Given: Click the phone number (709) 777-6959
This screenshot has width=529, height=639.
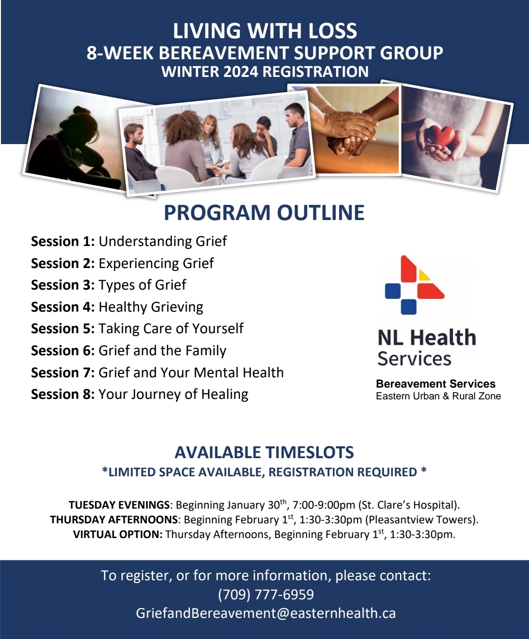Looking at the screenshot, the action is tap(265, 594).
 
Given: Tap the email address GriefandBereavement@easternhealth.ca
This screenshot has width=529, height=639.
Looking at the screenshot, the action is tap(265, 614).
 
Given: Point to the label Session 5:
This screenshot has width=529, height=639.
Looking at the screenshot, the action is tap(63, 329).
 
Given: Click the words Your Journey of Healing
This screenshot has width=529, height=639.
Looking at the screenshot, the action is tap(173, 394).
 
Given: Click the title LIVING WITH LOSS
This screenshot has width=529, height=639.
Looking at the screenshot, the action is tap(264, 30).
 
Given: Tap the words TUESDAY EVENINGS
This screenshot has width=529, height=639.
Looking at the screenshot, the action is tap(119, 505).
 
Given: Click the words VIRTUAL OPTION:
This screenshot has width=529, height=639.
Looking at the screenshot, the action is tap(118, 534).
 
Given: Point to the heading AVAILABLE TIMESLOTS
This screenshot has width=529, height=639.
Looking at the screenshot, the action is tap(264, 452).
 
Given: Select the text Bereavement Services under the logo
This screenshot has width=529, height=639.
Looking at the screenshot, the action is tap(435, 384).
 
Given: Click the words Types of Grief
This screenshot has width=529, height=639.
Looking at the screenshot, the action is tap(142, 285).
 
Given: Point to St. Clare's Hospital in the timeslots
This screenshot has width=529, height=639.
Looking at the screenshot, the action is tap(409, 505).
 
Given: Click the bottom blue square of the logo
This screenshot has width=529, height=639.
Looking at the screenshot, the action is tap(409, 306).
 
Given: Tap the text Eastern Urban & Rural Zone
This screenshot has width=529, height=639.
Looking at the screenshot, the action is tap(438, 396).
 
